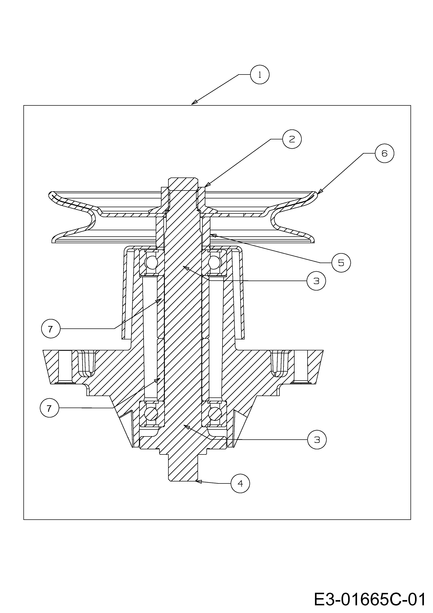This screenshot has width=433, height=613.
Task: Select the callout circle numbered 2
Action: pos(292,139)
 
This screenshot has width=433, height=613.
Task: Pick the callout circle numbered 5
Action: pos(341,263)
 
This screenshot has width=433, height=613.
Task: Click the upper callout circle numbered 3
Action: pos(316,281)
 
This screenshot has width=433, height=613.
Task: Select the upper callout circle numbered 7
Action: pos(51,329)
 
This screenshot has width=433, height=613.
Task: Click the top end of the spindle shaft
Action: pos(183,178)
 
